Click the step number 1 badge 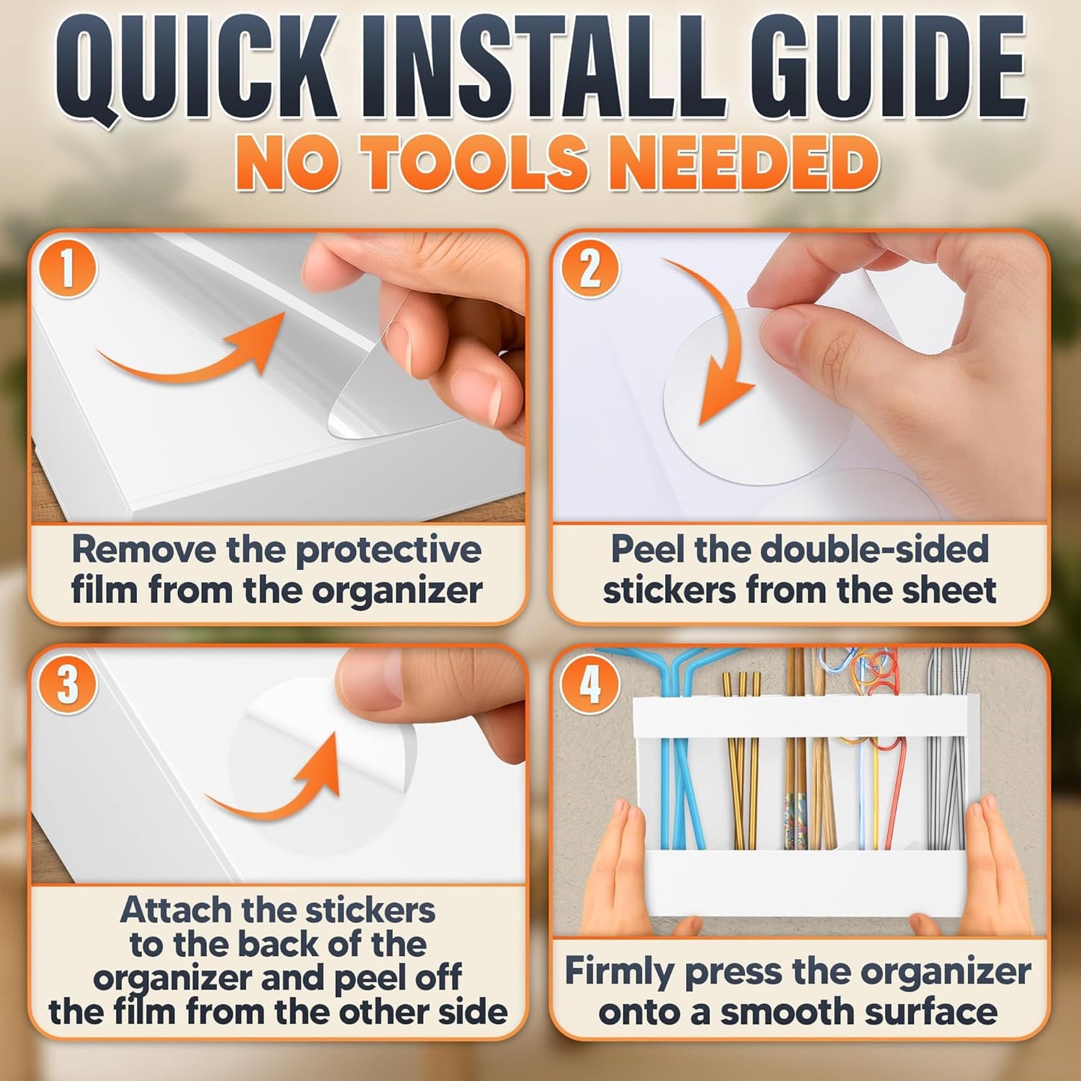(x=67, y=270)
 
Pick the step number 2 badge (x=590, y=270)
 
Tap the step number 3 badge (x=67, y=685)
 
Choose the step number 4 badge (x=590, y=685)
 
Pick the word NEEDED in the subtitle (x=729, y=162)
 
